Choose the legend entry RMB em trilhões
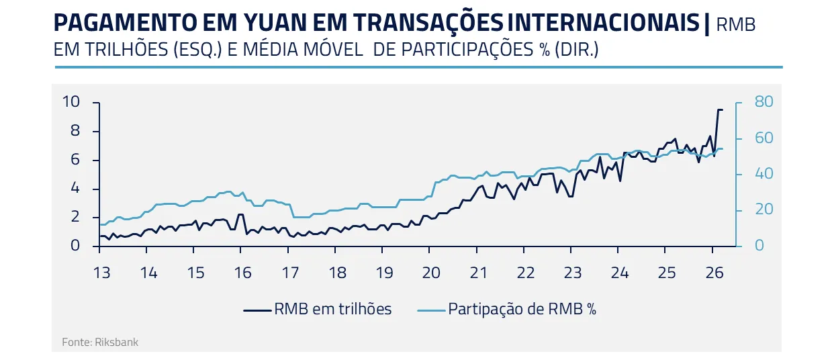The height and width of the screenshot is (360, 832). click(317, 309)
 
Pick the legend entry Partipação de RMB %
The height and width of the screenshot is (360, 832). click(507, 309)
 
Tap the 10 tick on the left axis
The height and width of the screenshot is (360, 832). click(71, 102)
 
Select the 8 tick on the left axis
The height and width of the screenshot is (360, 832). click(75, 131)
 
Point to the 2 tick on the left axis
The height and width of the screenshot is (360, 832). click(75, 218)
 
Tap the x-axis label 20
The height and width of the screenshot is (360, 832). click(430, 273)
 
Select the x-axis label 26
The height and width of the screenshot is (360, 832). click(714, 273)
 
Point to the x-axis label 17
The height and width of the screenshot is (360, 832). click(289, 273)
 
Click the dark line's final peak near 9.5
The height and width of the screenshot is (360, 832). click(719, 109)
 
